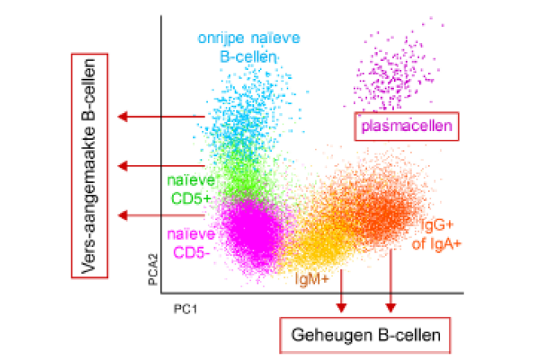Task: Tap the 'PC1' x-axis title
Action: tap(184, 309)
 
